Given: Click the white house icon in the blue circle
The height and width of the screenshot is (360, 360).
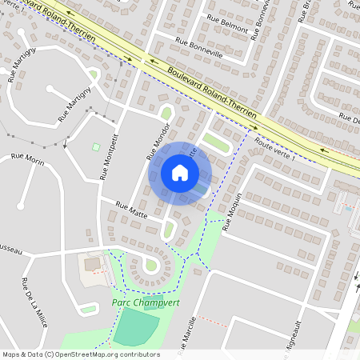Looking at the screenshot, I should pos(179,172).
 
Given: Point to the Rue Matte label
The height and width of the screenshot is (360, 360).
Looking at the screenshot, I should pos(132,210).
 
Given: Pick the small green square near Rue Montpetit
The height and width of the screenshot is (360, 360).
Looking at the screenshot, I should pos(96,147).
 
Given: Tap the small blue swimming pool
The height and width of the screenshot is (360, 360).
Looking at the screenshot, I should pos(349,209).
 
